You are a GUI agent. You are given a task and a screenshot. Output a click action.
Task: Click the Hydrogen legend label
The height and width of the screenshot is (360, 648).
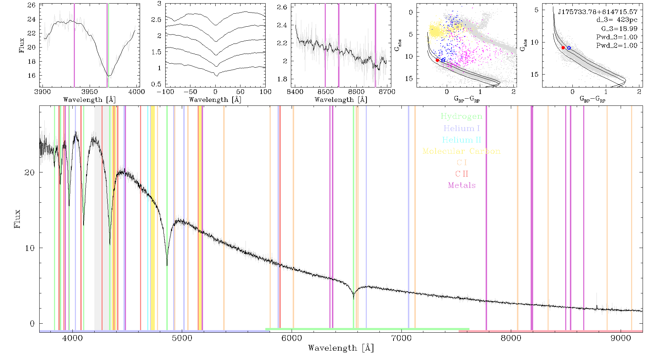pyautogui.click(x=461, y=116)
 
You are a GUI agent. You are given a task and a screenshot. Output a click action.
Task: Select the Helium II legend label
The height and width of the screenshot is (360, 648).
pyautogui.click(x=462, y=140)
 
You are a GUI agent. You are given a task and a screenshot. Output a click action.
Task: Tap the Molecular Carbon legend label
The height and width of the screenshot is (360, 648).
pyautogui.click(x=462, y=151)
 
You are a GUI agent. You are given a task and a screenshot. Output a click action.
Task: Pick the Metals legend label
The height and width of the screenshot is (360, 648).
pyautogui.click(x=462, y=185)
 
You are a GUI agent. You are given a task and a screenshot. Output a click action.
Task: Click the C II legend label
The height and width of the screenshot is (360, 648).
pyautogui.click(x=462, y=174)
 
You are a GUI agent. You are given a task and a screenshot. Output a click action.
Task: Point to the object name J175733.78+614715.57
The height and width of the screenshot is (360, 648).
pyautogui.click(x=598, y=12)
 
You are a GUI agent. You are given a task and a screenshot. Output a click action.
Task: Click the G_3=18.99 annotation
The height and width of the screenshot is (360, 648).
pyautogui.click(x=619, y=29)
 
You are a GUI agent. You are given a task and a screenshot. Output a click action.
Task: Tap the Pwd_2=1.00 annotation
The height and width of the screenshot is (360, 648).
pyautogui.click(x=617, y=45)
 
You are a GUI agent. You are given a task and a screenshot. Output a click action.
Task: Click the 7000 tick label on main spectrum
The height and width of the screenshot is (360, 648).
pyautogui.click(x=401, y=338)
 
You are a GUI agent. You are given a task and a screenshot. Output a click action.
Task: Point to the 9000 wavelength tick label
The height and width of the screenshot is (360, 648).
pyautogui.click(x=621, y=338)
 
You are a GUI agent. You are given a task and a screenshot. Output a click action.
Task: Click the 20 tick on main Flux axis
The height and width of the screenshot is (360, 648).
pyautogui.click(x=30, y=172)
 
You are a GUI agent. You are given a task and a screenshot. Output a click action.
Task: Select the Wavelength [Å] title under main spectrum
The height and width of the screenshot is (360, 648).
pyautogui.click(x=341, y=348)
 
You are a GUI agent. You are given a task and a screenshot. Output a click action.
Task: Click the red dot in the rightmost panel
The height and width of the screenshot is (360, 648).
pyautogui.click(x=563, y=48)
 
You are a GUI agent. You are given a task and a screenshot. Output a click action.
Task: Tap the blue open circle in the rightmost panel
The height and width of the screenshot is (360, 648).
pyautogui.click(x=569, y=48)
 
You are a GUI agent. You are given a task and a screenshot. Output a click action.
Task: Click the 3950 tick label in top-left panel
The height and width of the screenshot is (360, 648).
pyautogui.click(x=89, y=91)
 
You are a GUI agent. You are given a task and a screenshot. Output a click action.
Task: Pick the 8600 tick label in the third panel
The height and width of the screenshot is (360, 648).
pyautogui.click(x=356, y=91)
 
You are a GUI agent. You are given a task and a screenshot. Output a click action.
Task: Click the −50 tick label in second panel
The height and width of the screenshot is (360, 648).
pyautogui.click(x=190, y=91)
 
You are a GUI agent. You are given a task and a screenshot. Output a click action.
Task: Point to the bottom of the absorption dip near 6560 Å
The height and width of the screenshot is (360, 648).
pyautogui.click(x=354, y=299)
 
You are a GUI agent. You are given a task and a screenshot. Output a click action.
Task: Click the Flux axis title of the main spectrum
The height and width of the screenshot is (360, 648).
pyautogui.click(x=17, y=219)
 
